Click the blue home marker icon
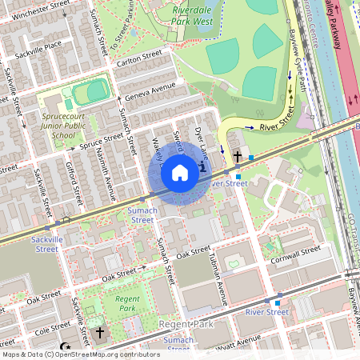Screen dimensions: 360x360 click(180, 173)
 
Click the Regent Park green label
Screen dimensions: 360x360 click(127, 303)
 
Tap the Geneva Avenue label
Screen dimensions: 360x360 click(151, 87)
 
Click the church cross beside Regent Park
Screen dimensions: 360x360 click(100, 332)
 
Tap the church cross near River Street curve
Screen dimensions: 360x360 click(238, 156)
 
